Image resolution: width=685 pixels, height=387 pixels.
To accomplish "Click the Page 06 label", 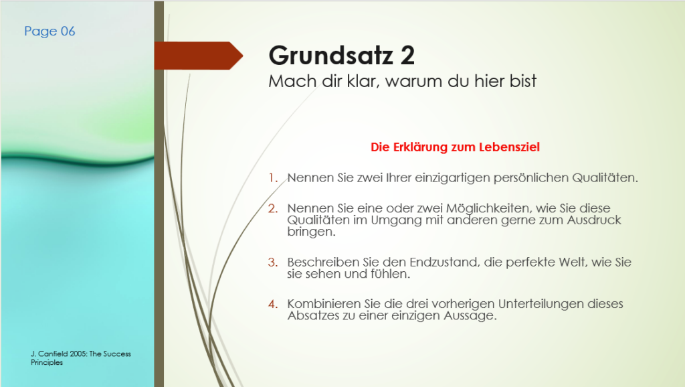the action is (50, 31).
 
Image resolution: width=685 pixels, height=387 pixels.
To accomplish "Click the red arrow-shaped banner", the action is (198, 56).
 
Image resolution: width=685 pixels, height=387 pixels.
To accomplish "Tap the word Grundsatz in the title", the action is (330, 56).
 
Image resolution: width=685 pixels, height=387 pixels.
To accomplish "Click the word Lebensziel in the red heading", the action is (509, 147).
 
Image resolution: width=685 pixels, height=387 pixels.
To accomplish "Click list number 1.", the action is (273, 178).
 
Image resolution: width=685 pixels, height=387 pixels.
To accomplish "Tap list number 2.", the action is (273, 209).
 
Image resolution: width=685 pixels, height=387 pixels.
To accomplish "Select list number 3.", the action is (273, 262).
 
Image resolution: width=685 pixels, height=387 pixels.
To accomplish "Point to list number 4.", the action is (273, 304).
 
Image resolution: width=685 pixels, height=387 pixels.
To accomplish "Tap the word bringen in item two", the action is (311, 232).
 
